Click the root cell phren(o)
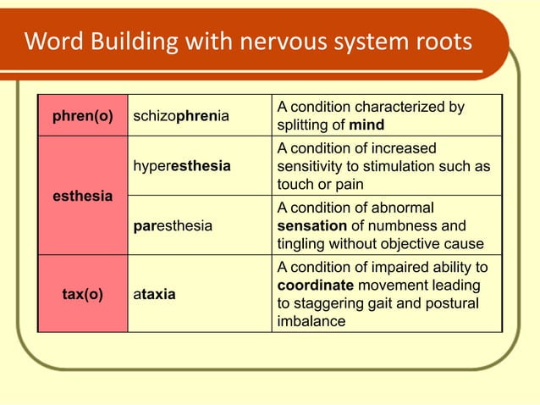pyautogui.click(x=82, y=116)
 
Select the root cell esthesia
pyautogui.click(x=82, y=196)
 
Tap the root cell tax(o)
pyautogui.click(x=82, y=295)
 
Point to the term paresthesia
pyautogui.click(x=174, y=226)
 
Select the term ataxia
pyautogui.click(x=154, y=295)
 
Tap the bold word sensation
pyautogui.click(x=312, y=226)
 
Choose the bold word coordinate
pyautogui.click(x=314, y=286)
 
